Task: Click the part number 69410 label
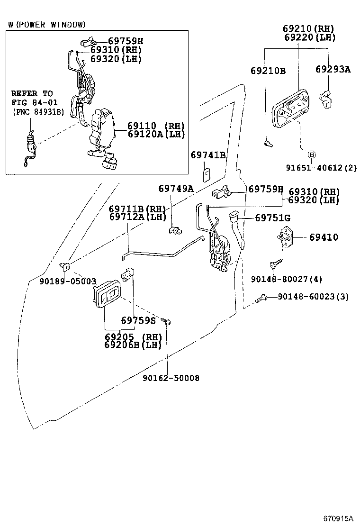tap(324, 237)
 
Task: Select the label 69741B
tap(208, 155)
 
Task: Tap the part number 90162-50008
tap(171, 378)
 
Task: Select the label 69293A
tap(333, 70)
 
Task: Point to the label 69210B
tap(268, 71)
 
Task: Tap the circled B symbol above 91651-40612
tap(311, 154)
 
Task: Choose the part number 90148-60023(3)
tap(313, 297)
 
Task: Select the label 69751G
tap(272, 218)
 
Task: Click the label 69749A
tap(176, 189)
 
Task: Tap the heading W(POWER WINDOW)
tap(47, 24)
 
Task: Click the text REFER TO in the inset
tap(32, 93)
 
